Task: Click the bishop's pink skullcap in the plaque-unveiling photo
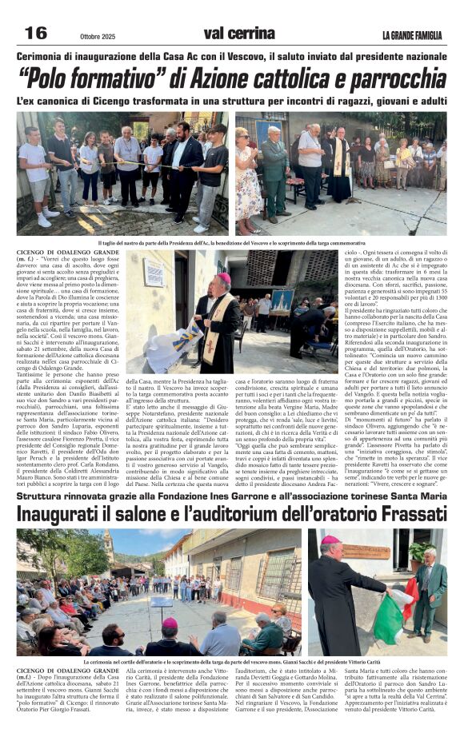224,277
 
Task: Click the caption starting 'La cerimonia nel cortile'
231,662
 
